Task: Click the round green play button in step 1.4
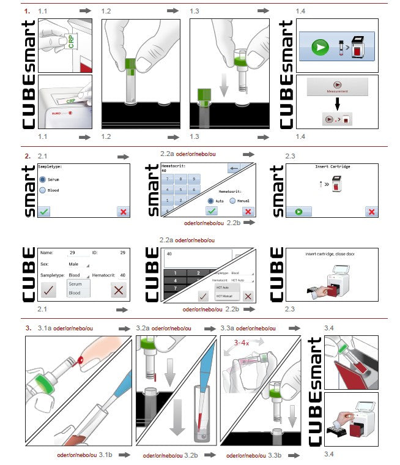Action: (318, 47)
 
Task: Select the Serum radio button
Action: (43, 179)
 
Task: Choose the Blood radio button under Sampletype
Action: (43, 190)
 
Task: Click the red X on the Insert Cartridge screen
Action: (370, 211)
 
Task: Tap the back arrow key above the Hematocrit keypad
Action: (232, 168)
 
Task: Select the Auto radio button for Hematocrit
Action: (212, 200)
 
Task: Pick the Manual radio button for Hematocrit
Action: (233, 200)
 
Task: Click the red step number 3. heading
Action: (28, 329)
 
